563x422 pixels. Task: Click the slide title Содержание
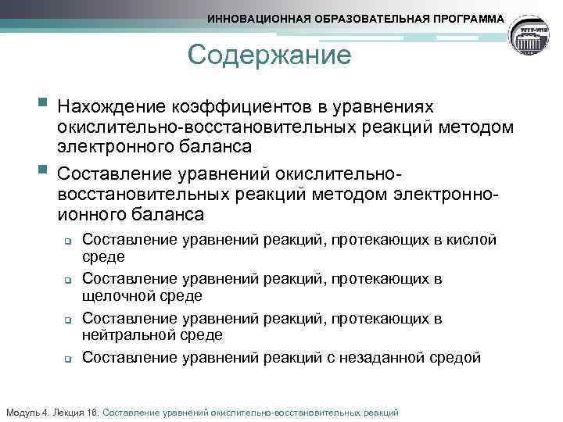point(270,56)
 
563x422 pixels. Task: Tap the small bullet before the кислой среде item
point(68,241)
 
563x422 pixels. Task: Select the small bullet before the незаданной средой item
point(68,359)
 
